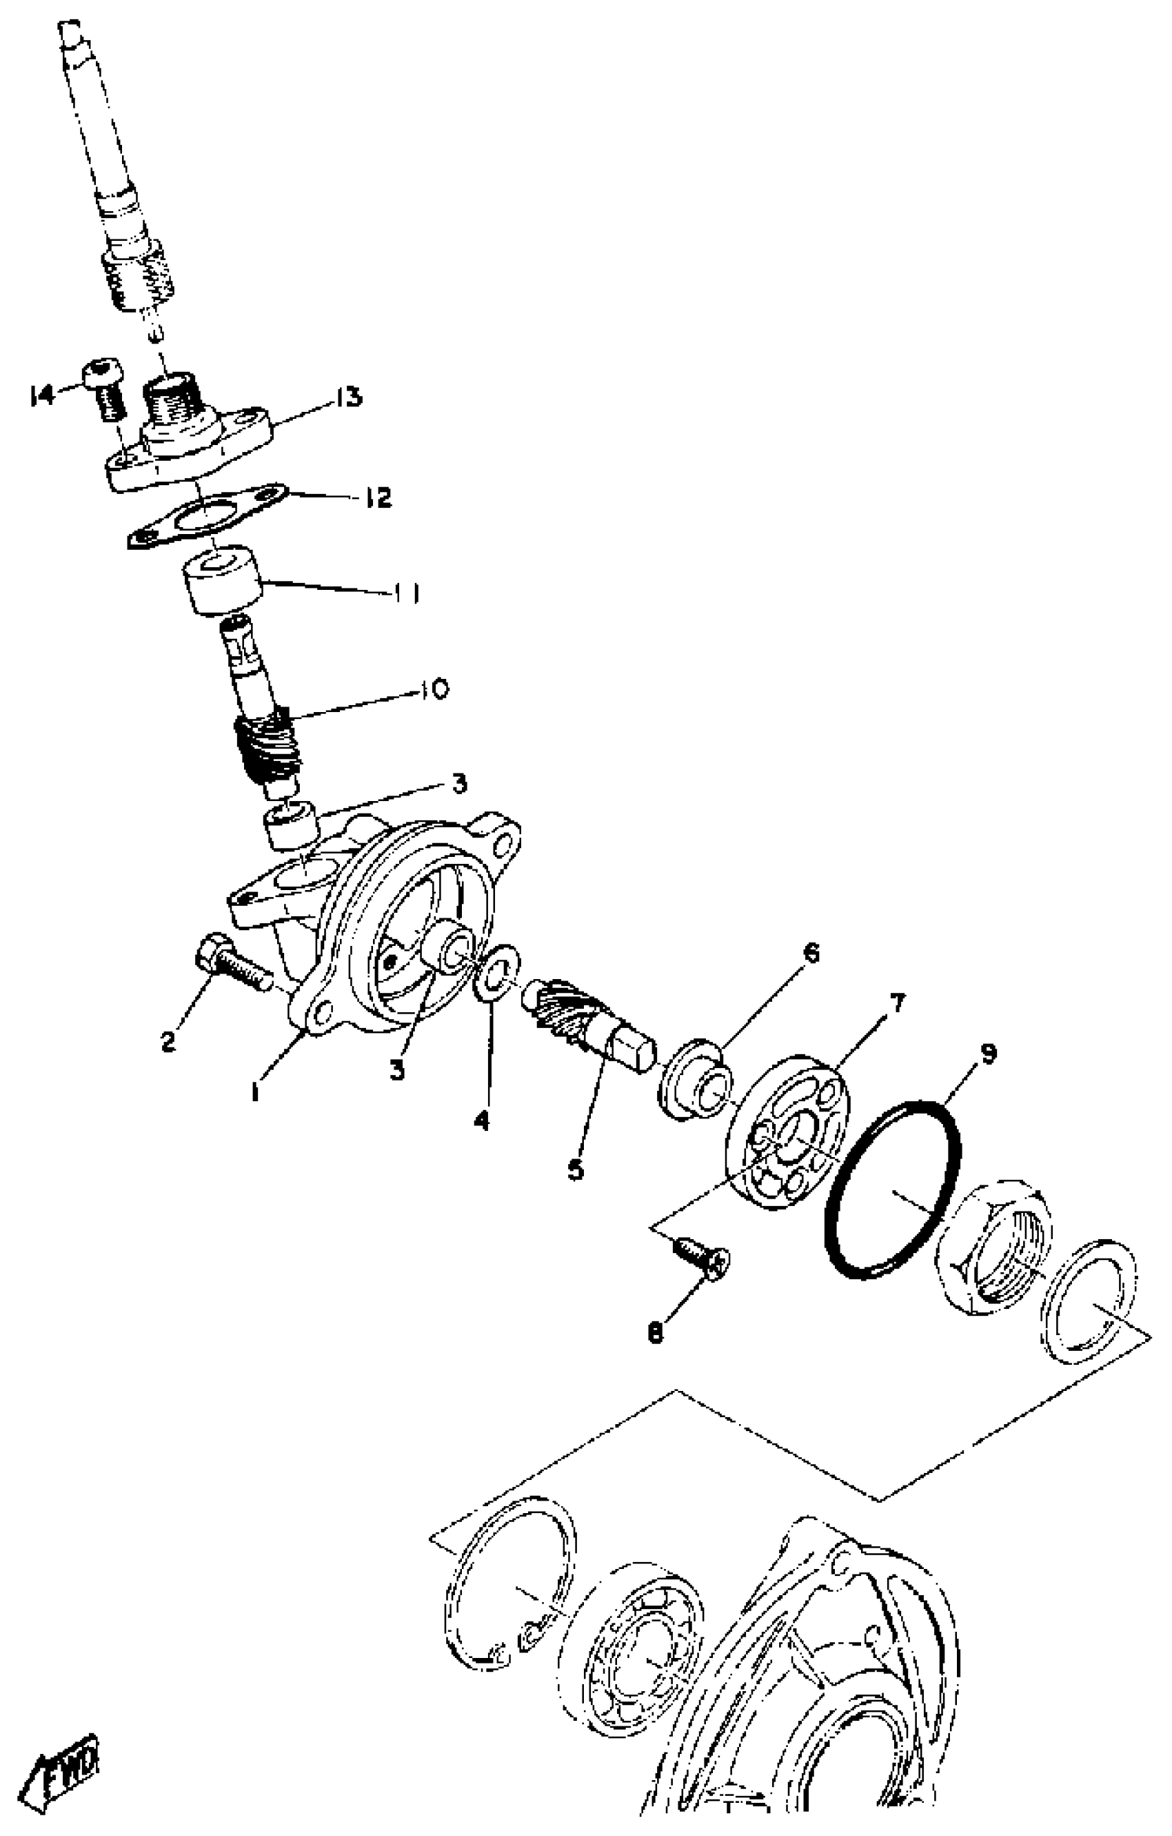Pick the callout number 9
[988, 1054]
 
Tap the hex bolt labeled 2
[231, 968]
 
